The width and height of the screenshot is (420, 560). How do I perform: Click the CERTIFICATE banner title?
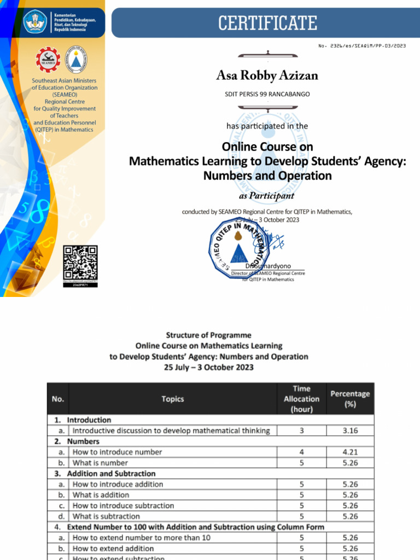pos(267,23)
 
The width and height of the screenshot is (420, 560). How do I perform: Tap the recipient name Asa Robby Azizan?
pos(267,75)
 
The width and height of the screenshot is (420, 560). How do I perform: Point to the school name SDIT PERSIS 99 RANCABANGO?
pos(267,94)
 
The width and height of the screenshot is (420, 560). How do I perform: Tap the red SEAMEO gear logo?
pos(48,60)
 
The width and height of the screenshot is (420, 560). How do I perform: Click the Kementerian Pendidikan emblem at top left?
pos(36,21)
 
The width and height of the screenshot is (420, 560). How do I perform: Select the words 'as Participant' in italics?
pos(267,196)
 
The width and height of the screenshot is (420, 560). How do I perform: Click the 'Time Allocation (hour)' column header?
pos(301,399)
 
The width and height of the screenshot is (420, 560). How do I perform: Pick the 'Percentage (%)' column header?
pos(350,399)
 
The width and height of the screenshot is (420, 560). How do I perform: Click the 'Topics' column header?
pos(173,399)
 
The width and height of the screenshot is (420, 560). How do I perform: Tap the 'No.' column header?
pos(58,399)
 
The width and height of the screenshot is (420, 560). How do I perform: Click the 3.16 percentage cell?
pos(350,431)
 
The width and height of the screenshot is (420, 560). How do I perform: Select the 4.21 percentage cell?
pos(350,452)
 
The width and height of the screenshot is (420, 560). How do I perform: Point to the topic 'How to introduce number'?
pos(117,452)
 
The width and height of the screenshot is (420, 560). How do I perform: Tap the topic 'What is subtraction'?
pos(106,516)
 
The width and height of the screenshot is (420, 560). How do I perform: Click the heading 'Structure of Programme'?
pos(209,335)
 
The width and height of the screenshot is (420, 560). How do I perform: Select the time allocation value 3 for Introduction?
pos(301,431)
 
